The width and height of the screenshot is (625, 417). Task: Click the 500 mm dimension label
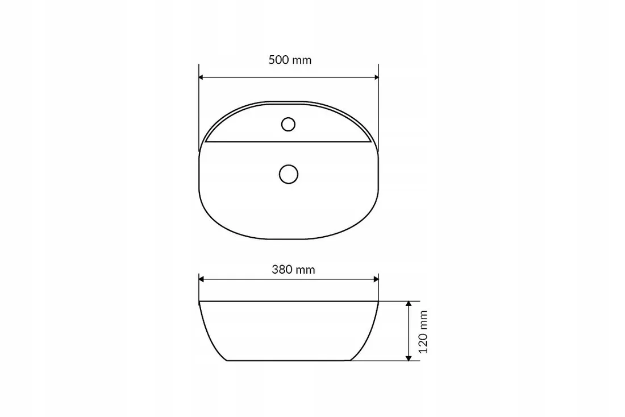(290, 60)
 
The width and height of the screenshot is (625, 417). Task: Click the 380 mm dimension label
(293, 270)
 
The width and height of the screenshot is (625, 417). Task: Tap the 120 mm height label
(423, 332)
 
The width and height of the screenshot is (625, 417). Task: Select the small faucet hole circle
(288, 125)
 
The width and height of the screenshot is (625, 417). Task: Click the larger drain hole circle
(289, 175)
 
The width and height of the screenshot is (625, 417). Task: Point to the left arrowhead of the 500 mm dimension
(202, 77)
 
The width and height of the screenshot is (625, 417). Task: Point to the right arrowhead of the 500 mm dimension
(376, 77)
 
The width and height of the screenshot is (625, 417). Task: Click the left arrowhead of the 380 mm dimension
(202, 279)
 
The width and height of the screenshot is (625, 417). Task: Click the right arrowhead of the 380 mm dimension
(376, 279)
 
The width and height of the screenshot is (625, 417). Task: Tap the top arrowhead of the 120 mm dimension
(408, 304)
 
